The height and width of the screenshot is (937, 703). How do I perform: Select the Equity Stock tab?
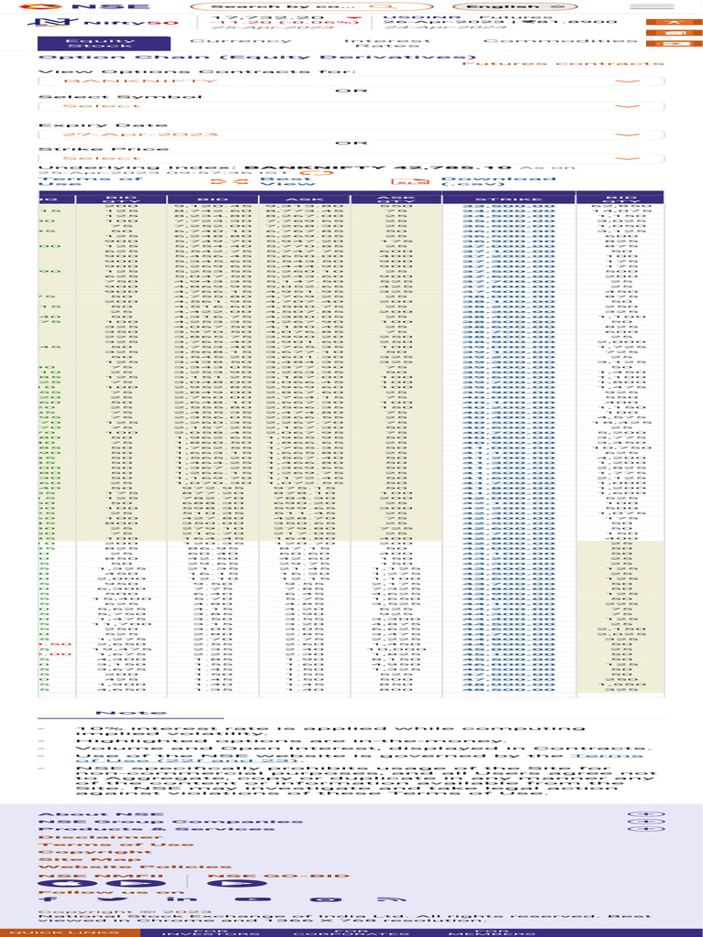point(103,43)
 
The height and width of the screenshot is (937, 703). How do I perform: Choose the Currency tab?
point(242,40)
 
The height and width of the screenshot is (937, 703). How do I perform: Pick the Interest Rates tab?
point(386,43)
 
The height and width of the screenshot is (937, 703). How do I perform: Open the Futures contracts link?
point(563,63)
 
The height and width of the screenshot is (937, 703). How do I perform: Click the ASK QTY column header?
point(396,198)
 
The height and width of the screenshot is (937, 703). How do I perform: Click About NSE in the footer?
point(77,813)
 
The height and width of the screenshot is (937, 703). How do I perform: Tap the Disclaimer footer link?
point(75,836)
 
